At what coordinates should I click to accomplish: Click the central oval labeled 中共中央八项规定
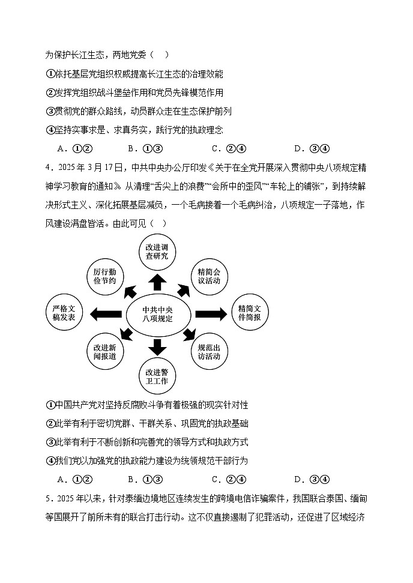coord(157,314)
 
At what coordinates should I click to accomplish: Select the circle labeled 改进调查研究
coord(157,251)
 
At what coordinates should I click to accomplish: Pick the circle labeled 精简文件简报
coord(249,313)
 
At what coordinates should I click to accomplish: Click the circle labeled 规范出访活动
coord(208,352)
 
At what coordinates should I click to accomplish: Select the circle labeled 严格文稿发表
coord(64,313)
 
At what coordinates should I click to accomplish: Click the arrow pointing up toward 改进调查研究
coord(157,282)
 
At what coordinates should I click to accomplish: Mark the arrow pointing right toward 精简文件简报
coord(210,313)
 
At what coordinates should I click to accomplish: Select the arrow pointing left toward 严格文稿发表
coord(105,313)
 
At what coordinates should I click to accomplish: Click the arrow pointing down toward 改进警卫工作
coord(157,346)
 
